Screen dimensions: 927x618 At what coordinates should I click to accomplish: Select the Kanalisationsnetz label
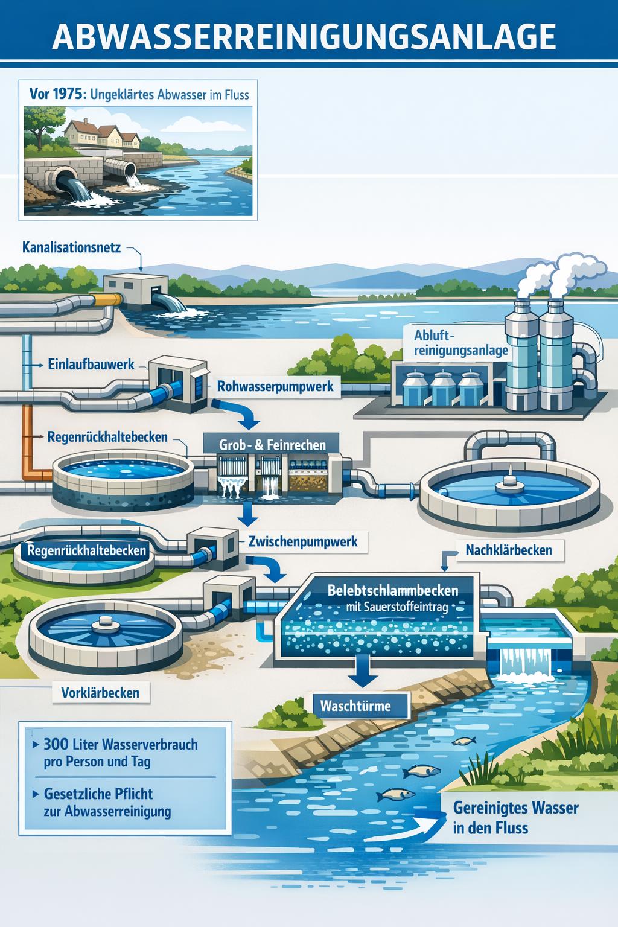click(71, 247)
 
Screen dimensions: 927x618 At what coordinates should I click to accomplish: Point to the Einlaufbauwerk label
click(91, 365)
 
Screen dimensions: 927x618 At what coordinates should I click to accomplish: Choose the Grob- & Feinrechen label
click(273, 445)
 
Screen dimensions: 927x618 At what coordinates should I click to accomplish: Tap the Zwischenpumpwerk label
click(302, 541)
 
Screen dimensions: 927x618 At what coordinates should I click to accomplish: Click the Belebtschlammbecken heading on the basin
click(392, 590)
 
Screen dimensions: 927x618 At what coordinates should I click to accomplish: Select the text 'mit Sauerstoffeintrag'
click(396, 608)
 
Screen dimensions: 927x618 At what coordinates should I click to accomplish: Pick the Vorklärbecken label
click(100, 692)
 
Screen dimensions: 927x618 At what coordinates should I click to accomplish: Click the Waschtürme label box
click(355, 705)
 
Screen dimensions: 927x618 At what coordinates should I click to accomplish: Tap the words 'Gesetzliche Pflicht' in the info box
click(98, 793)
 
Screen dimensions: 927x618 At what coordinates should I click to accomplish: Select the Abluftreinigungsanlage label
click(461, 342)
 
